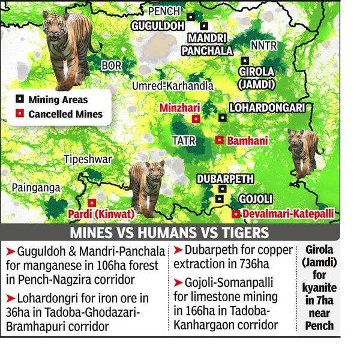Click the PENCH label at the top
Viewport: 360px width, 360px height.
pos(164,11)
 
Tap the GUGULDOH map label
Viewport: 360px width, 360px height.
pos(158,26)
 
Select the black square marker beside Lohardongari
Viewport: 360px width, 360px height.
pos(222,118)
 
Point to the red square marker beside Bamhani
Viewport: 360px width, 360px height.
pos(219,140)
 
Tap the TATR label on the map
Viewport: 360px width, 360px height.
pos(183,140)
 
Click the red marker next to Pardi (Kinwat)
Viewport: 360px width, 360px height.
pos(92,203)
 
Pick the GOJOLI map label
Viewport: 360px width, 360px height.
pos(256,199)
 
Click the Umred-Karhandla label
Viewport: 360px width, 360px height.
pos(173,86)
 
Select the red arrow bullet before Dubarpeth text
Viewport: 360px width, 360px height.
pos(178,249)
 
